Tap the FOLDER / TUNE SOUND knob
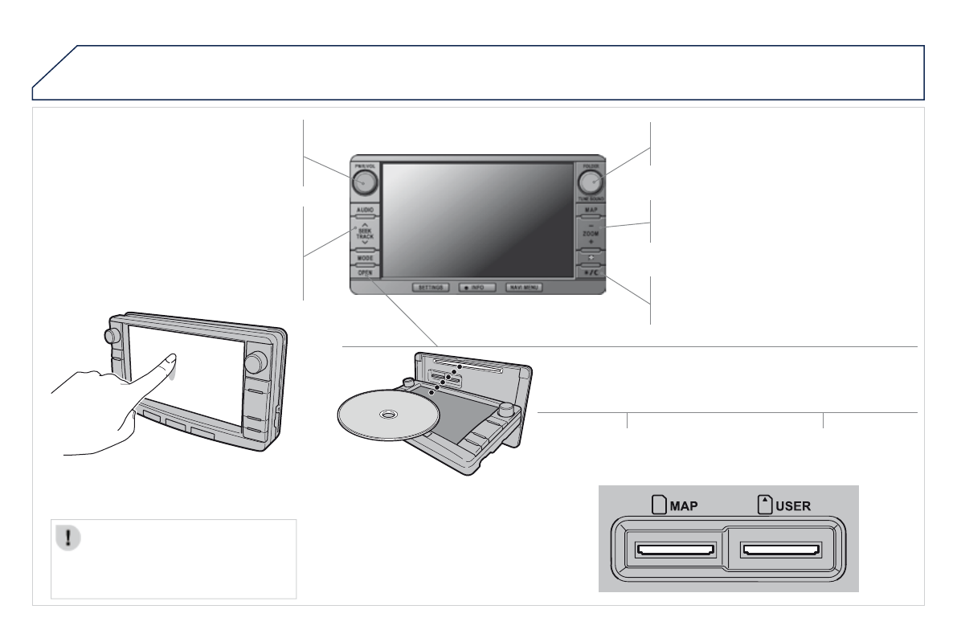click(591, 182)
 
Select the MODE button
click(364, 259)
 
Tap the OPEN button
click(364, 273)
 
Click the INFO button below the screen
click(476, 287)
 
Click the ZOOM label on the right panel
click(591, 234)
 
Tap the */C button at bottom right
click(591, 273)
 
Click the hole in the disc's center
click(388, 415)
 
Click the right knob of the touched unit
click(256, 362)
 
